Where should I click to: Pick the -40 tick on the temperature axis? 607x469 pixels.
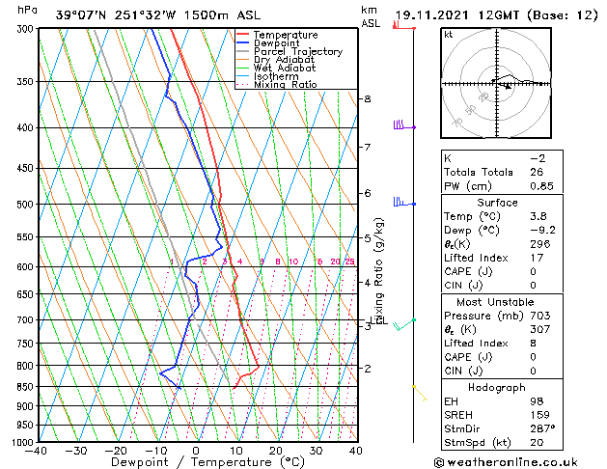tap(37, 450)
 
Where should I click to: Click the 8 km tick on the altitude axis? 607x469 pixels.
tap(367, 99)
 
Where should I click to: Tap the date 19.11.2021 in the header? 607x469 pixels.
tap(430, 15)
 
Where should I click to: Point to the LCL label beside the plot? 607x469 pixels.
tap(379, 321)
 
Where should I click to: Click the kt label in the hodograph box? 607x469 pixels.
tap(449, 34)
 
